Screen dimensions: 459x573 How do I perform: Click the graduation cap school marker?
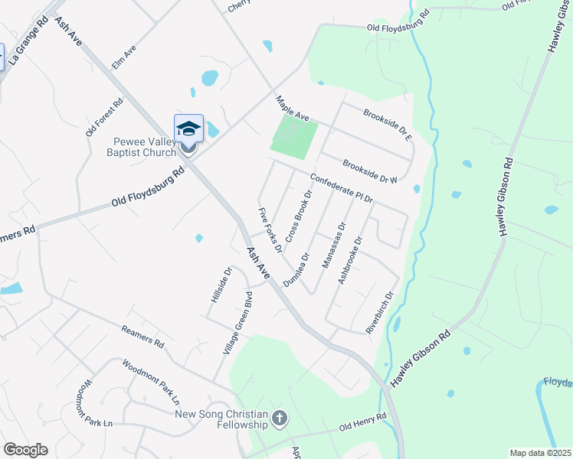188,129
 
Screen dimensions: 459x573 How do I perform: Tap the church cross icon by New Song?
280,418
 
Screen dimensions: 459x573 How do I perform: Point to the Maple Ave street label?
293,109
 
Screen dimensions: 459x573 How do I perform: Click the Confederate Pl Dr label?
341,189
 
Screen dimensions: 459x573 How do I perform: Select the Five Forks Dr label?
270,229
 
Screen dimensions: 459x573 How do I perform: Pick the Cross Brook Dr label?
299,216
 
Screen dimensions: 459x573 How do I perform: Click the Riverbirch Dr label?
379,312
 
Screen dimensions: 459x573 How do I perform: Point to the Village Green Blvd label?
237,322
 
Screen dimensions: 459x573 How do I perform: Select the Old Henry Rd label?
362,423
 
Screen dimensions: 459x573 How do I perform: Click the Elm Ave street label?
124,57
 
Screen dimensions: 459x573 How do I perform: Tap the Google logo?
25,450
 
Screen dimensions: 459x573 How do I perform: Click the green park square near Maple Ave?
293,137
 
